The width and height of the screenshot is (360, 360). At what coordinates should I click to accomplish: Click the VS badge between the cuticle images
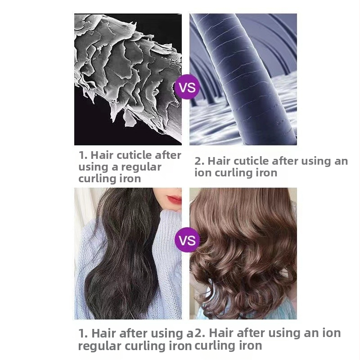tap(187, 87)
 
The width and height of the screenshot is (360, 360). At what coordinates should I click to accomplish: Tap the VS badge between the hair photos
tap(187, 240)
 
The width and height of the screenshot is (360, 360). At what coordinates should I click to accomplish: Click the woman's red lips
tap(175, 199)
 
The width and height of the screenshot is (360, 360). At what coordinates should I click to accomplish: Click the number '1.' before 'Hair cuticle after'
tap(83, 155)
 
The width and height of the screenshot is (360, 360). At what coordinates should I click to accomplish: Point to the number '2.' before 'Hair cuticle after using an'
tap(199, 161)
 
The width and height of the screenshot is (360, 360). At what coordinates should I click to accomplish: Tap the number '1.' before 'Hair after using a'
tap(83, 333)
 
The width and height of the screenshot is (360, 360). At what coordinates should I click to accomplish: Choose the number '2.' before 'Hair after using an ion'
tap(199, 333)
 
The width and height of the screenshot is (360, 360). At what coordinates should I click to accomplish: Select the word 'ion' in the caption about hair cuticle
tap(203, 173)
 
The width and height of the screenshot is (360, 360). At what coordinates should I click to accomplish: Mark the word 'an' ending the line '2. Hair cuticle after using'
tap(341, 162)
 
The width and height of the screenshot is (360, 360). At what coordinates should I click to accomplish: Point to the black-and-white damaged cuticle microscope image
tap(128, 79)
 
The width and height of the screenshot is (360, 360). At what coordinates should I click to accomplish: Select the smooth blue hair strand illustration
tap(243, 79)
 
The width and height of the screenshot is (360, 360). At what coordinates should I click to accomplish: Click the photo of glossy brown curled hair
tap(243, 253)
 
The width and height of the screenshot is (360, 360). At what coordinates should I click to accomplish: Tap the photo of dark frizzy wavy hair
tap(128, 253)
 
